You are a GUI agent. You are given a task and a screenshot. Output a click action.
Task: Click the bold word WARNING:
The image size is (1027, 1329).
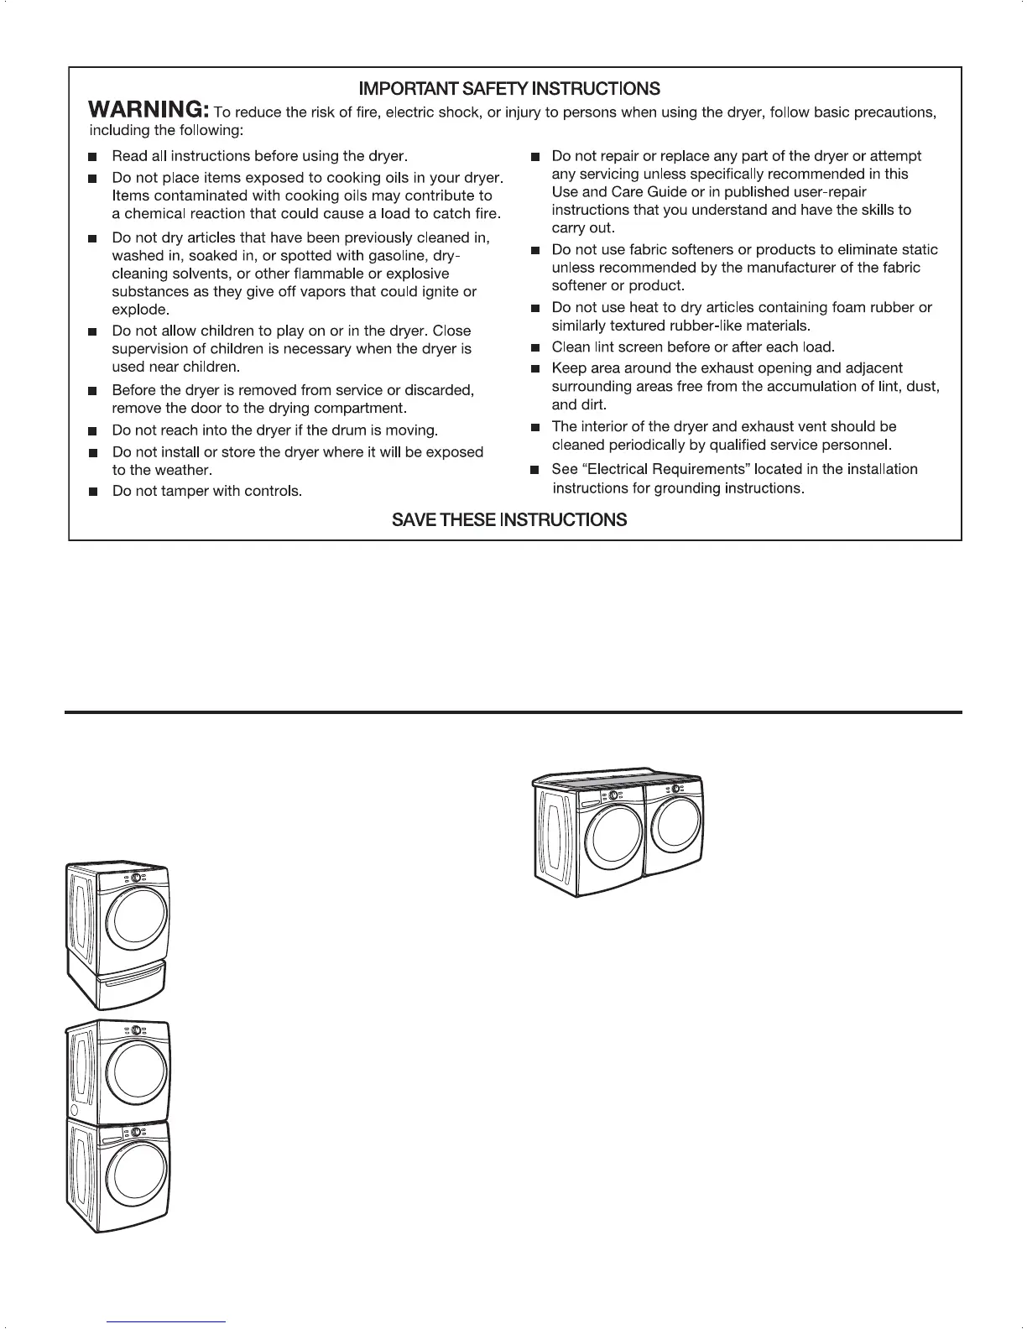pyautogui.click(x=149, y=111)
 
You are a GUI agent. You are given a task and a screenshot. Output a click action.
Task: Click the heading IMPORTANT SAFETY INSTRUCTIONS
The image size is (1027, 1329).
pyautogui.click(x=509, y=89)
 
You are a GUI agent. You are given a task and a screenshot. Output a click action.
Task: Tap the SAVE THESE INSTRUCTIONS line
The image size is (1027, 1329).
pyautogui.click(x=509, y=520)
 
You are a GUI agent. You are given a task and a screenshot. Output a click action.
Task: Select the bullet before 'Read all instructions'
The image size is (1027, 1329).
pyautogui.click(x=94, y=157)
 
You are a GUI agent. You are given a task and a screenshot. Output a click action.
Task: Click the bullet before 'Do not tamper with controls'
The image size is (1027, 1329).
pyautogui.click(x=94, y=492)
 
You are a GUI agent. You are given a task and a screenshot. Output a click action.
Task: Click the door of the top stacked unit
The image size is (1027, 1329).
pyautogui.click(x=139, y=1071)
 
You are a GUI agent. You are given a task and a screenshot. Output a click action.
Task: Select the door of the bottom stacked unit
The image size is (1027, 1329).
pyautogui.click(x=139, y=1171)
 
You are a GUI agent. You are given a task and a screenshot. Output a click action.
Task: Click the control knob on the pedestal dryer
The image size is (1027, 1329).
pyautogui.click(x=135, y=878)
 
